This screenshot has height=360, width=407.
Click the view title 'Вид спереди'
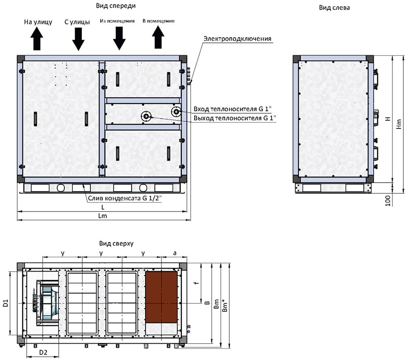pyautogui.click(x=116, y=6)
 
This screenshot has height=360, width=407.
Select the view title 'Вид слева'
pyautogui.click(x=334, y=8)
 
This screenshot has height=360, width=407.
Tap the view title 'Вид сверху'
pyautogui.click(x=116, y=243)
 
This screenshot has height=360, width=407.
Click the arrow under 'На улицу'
pyautogui.click(x=37, y=39)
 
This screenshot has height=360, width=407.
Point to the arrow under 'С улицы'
pyautogui.click(x=78, y=39)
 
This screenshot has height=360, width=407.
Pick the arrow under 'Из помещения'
pyautogui.click(x=119, y=38)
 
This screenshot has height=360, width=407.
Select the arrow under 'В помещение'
pyautogui.click(x=158, y=38)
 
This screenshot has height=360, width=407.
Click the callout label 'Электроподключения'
pyautogui.click(x=237, y=39)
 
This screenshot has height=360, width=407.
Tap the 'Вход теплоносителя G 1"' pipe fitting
pyautogui.click(x=176, y=112)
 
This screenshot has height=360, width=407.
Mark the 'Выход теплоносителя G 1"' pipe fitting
pyautogui.click(x=146, y=117)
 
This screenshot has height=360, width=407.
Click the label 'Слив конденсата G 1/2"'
pyautogui.click(x=125, y=198)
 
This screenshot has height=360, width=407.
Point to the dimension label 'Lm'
pyautogui.click(x=103, y=216)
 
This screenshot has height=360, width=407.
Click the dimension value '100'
pyautogui.click(x=388, y=201)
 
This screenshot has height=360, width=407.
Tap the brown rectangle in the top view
pyautogui.click(x=161, y=297)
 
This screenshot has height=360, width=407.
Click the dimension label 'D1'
pyautogui.click(x=6, y=303)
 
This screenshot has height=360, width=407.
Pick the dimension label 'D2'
pyautogui.click(x=43, y=352)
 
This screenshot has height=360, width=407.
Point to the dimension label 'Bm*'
pyautogui.click(x=225, y=305)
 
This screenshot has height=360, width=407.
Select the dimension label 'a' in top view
pyautogui.click(x=175, y=253)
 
